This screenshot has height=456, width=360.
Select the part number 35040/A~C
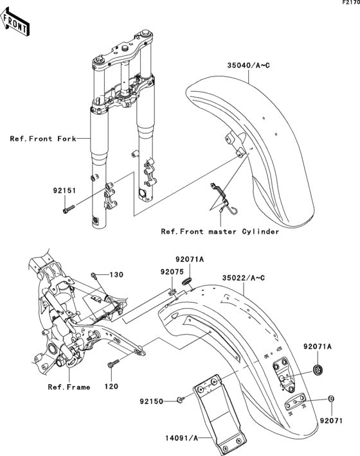[247, 65]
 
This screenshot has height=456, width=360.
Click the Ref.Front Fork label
[42, 138]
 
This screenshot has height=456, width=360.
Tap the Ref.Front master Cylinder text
[220, 231]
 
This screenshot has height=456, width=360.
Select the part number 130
[116, 275]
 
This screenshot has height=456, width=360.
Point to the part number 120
[113, 387]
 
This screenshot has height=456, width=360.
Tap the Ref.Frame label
[69, 387]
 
